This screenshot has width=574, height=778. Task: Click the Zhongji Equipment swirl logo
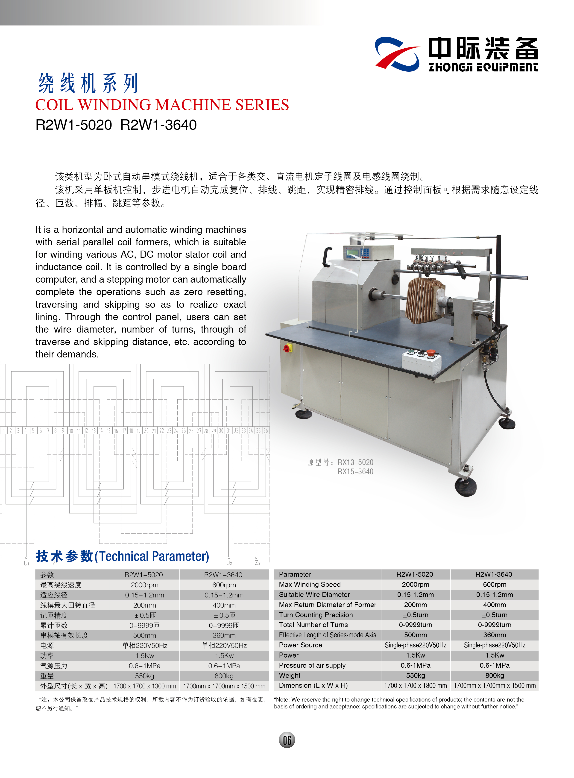click(x=397, y=55)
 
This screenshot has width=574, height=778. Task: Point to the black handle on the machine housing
click(x=327, y=256)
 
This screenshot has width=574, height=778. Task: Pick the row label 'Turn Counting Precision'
click(x=316, y=615)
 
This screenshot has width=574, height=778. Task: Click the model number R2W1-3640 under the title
click(x=158, y=125)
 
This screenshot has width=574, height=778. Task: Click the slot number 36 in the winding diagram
click(x=265, y=431)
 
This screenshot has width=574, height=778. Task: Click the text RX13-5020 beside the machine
click(x=355, y=462)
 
